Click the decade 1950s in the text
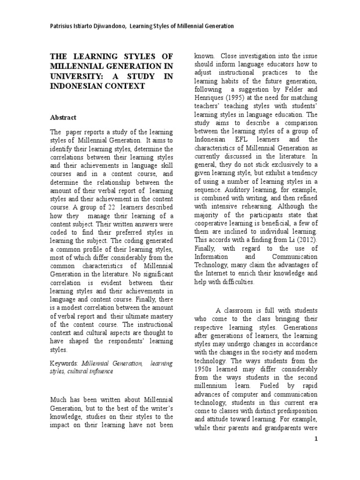coord(204,369)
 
